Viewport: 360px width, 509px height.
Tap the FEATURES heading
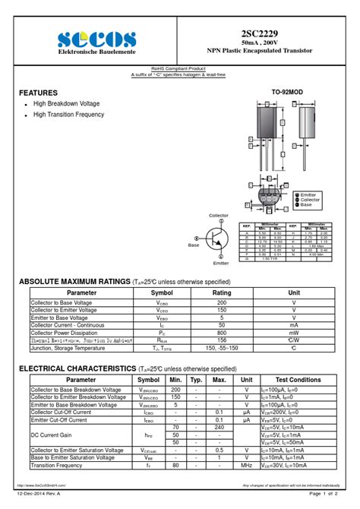click(38, 93)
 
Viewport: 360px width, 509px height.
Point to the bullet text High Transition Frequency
click(68, 115)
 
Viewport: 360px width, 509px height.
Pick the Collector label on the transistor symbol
click(219, 217)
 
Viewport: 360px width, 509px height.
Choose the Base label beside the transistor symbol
click(194, 245)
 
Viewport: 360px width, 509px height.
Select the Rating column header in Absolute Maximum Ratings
click(222, 292)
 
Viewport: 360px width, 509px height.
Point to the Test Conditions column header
click(298, 379)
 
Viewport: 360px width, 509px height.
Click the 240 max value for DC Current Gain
click(219, 427)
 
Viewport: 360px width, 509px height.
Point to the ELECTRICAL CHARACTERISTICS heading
click(76, 368)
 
